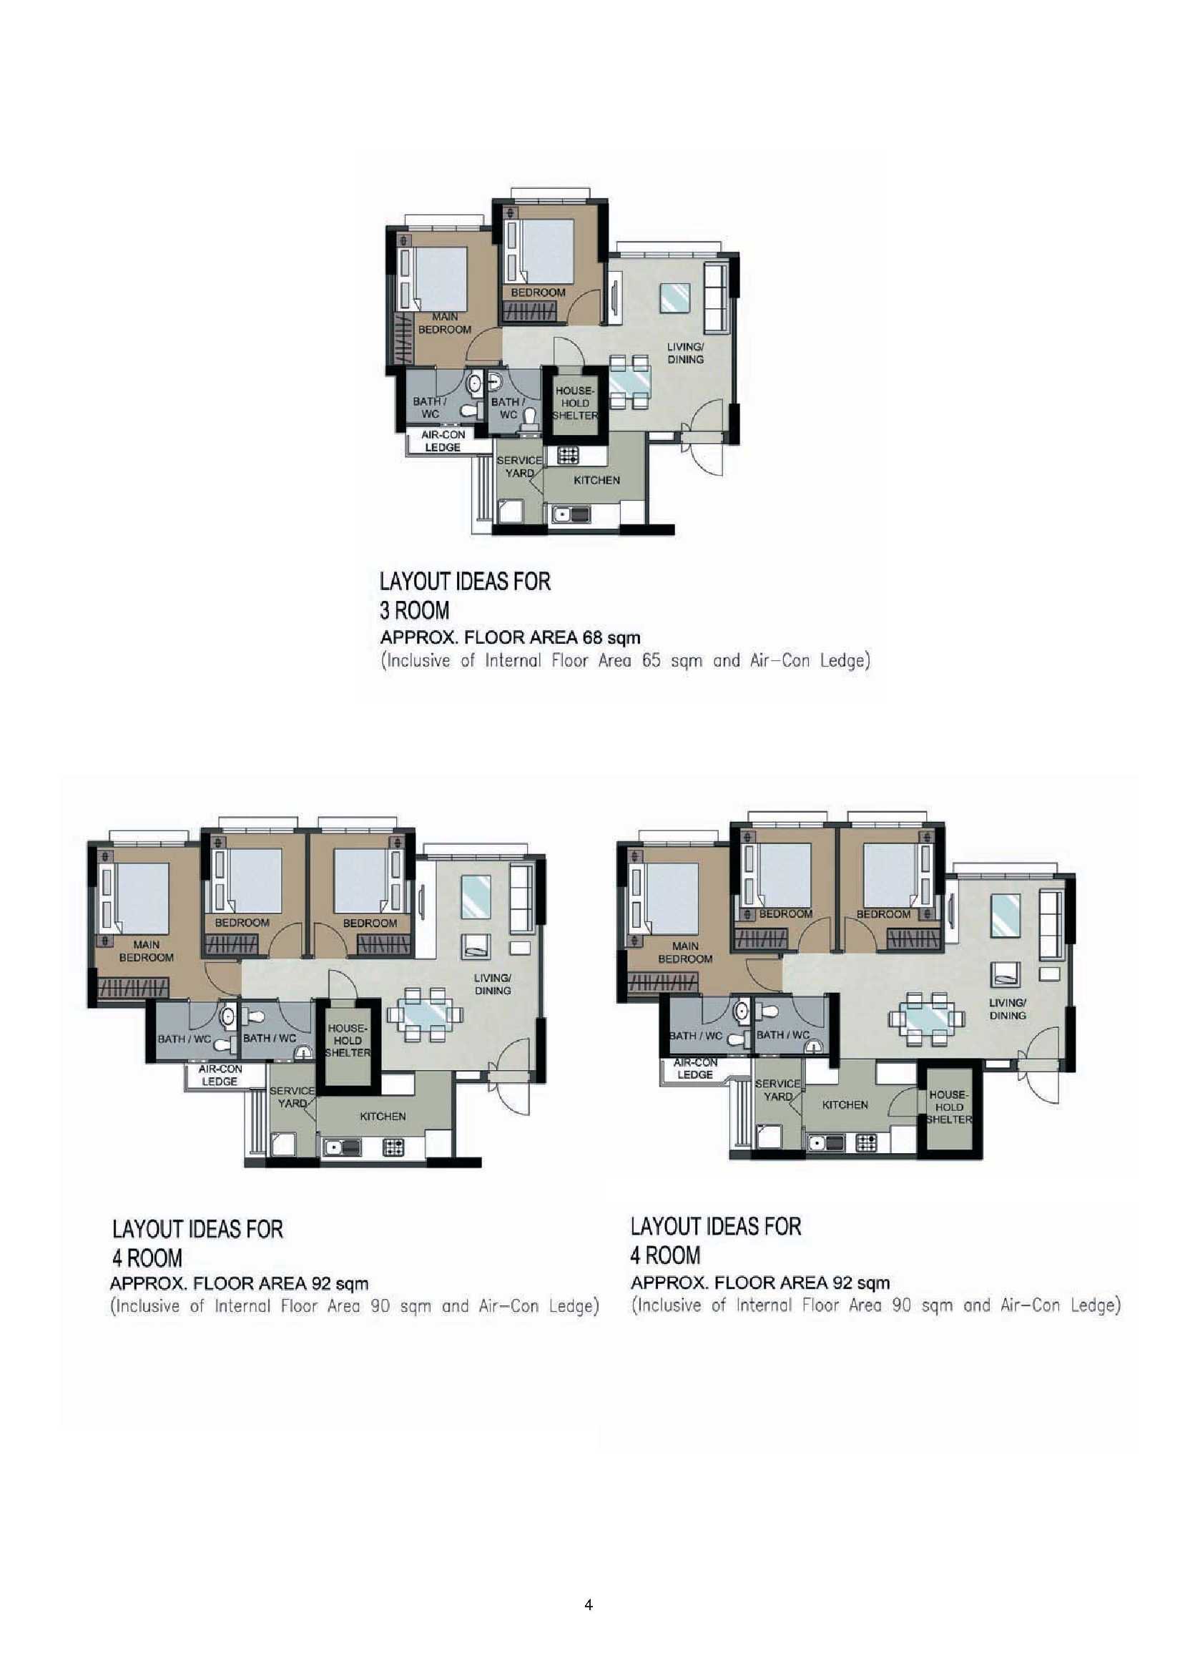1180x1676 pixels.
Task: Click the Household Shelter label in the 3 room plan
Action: tap(575, 403)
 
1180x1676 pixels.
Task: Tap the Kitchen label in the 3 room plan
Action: tap(596, 480)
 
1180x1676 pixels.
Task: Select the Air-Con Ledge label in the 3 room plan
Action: tap(442, 441)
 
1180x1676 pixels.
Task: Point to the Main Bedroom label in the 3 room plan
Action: tap(444, 323)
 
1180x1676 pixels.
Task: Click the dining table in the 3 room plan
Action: tap(629, 382)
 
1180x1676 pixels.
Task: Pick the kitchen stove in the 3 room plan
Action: tap(568, 456)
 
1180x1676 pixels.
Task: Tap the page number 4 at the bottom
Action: tap(588, 1604)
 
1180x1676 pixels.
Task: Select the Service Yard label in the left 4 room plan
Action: tap(292, 1097)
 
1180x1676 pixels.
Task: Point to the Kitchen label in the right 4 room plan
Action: tap(845, 1105)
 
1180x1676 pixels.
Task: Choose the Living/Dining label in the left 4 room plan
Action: tap(493, 984)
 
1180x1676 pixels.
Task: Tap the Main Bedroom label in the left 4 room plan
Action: tap(147, 951)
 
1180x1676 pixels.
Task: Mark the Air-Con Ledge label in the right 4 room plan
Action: tap(694, 1068)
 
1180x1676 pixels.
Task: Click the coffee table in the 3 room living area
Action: tap(674, 298)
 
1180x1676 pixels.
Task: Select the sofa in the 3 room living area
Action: tap(716, 298)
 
